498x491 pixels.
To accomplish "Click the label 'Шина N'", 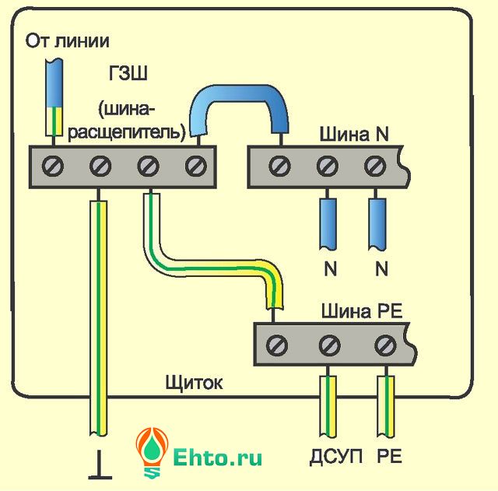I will click(x=353, y=134).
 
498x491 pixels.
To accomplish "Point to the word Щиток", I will click(x=194, y=382).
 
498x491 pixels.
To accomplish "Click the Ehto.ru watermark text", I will click(x=218, y=456).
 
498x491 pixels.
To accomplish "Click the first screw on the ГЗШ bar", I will click(x=52, y=166).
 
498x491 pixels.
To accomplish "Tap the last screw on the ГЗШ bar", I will click(x=197, y=166).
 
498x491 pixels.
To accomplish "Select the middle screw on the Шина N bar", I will click(x=328, y=166).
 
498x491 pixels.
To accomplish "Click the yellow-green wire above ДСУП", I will click(x=328, y=404).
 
